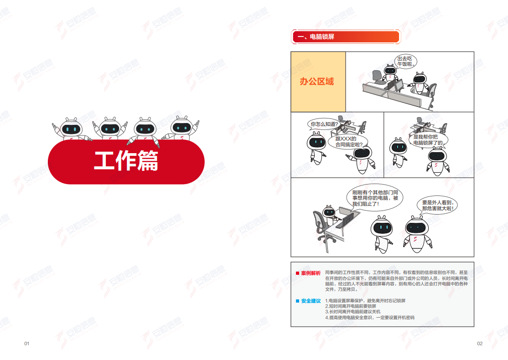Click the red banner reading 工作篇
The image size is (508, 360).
click(126, 161)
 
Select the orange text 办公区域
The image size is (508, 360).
click(316, 82)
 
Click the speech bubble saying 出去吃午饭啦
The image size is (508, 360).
click(405, 61)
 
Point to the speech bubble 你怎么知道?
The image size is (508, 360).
click(325, 124)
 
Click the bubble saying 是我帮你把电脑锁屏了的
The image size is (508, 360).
click(428, 140)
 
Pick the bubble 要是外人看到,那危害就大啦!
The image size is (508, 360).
click(438, 206)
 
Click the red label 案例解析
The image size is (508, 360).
click(311, 273)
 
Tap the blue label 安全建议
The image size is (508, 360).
click(311, 301)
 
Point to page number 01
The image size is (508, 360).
click(26, 344)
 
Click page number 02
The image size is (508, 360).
click(480, 344)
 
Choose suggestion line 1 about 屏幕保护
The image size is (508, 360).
click(365, 301)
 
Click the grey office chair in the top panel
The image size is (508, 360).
click(378, 75)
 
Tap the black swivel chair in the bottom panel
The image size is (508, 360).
click(320, 224)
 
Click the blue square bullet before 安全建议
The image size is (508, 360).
click(297, 301)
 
